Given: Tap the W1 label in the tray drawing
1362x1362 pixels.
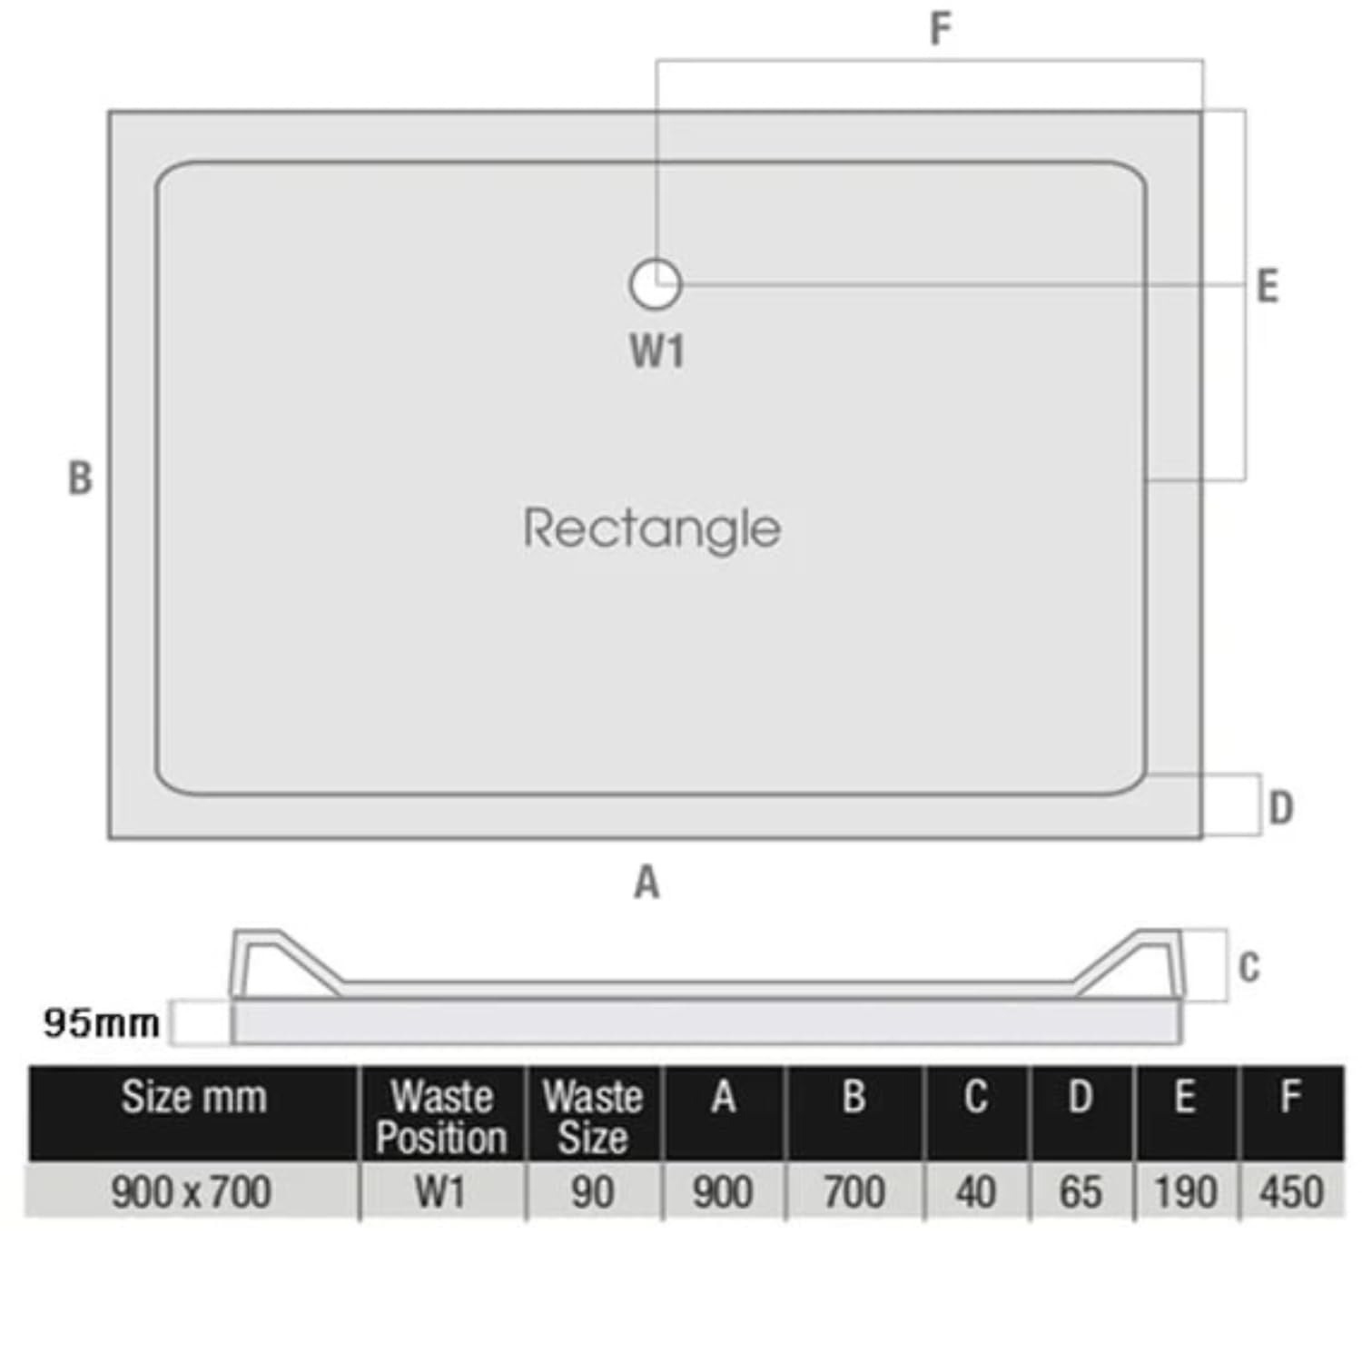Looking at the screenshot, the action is (656, 350).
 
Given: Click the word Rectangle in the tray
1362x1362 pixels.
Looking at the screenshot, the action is (652, 528).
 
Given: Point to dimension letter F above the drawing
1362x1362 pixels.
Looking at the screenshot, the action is (940, 29).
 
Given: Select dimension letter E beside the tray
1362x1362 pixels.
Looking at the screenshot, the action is (1268, 286).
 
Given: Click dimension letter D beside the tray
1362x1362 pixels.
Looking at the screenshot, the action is (1280, 807).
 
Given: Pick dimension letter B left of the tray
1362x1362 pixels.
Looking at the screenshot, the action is (80, 479).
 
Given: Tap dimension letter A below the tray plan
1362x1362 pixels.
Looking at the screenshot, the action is (646, 882).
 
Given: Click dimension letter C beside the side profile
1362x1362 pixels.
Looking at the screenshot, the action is (1249, 967).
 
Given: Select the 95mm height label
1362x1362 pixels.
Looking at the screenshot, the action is (102, 1023).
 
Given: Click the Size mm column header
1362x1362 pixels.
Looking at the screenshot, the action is (194, 1097).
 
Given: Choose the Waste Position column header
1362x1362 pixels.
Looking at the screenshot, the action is (441, 1117).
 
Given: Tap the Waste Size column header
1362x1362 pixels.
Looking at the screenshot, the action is (593, 1117).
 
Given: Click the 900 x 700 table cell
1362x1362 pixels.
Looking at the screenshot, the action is (192, 1192).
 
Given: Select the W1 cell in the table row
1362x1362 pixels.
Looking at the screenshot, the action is (440, 1192).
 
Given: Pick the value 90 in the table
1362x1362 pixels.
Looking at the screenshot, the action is (593, 1192).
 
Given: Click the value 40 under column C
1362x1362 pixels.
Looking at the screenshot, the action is (976, 1192).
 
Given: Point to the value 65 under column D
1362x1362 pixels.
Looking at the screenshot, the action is (1081, 1192).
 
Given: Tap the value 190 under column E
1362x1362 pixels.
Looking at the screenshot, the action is (1186, 1192).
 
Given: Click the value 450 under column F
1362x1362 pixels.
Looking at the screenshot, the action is (1291, 1192).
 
